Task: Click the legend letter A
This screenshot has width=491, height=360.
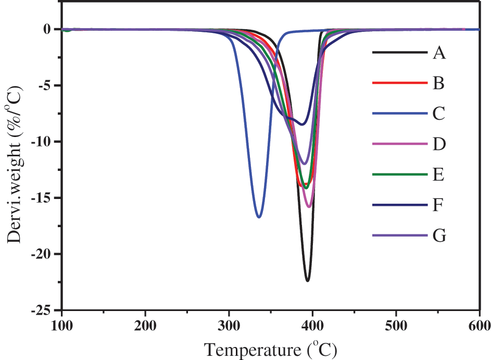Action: click(x=439, y=53)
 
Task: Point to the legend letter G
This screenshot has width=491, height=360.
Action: click(x=439, y=236)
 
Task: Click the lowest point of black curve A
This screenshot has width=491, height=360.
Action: click(x=308, y=281)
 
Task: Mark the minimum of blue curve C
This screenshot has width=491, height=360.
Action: click(x=259, y=216)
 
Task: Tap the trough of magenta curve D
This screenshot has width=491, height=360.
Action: click(x=309, y=207)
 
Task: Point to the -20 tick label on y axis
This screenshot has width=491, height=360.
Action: click(x=44, y=254)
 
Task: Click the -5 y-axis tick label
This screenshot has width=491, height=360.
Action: click(x=47, y=85)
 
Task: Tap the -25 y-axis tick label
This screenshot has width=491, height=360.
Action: click(x=44, y=311)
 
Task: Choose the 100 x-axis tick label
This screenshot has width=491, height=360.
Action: click(x=61, y=326)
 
